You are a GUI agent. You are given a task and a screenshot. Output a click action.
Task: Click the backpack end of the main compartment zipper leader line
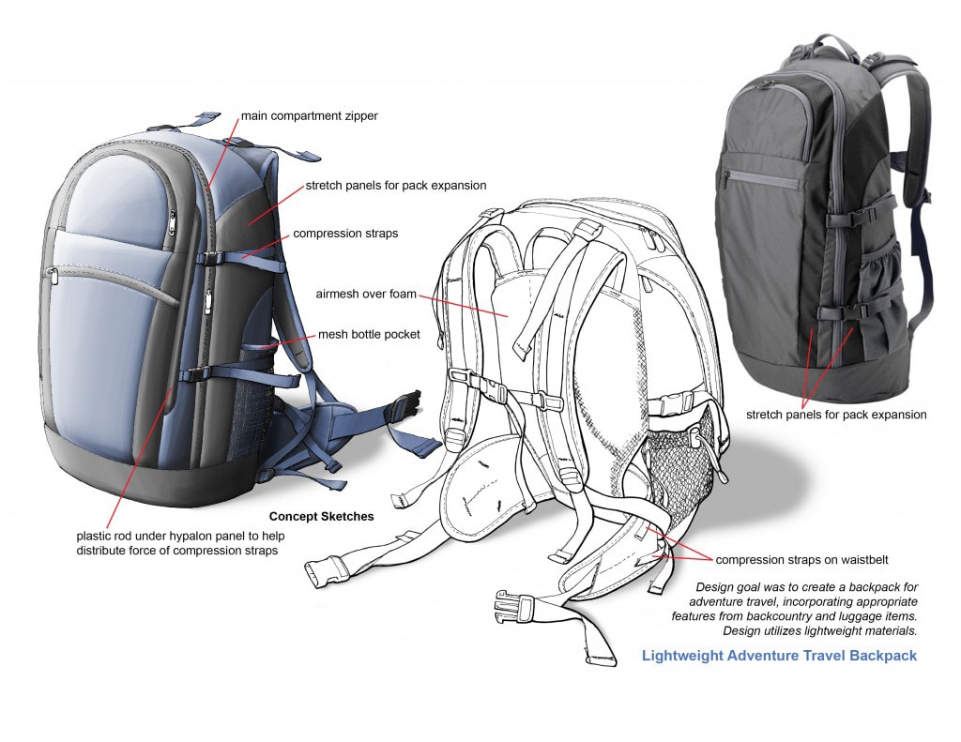pos(207,189)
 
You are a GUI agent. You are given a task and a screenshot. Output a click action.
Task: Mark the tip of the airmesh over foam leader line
pos(508,317)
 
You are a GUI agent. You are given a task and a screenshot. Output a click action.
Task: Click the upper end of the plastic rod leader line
pos(171,387)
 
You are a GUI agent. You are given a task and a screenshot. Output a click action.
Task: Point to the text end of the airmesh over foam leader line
pos(419,297)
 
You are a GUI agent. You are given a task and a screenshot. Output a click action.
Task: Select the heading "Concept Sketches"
pos(321,517)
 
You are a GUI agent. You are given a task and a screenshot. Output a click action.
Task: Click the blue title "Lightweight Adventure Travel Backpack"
pos(779,656)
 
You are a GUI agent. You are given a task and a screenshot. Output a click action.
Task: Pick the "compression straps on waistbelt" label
pos(801,560)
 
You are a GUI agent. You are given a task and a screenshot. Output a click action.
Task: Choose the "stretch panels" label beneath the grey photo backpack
pos(836,415)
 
